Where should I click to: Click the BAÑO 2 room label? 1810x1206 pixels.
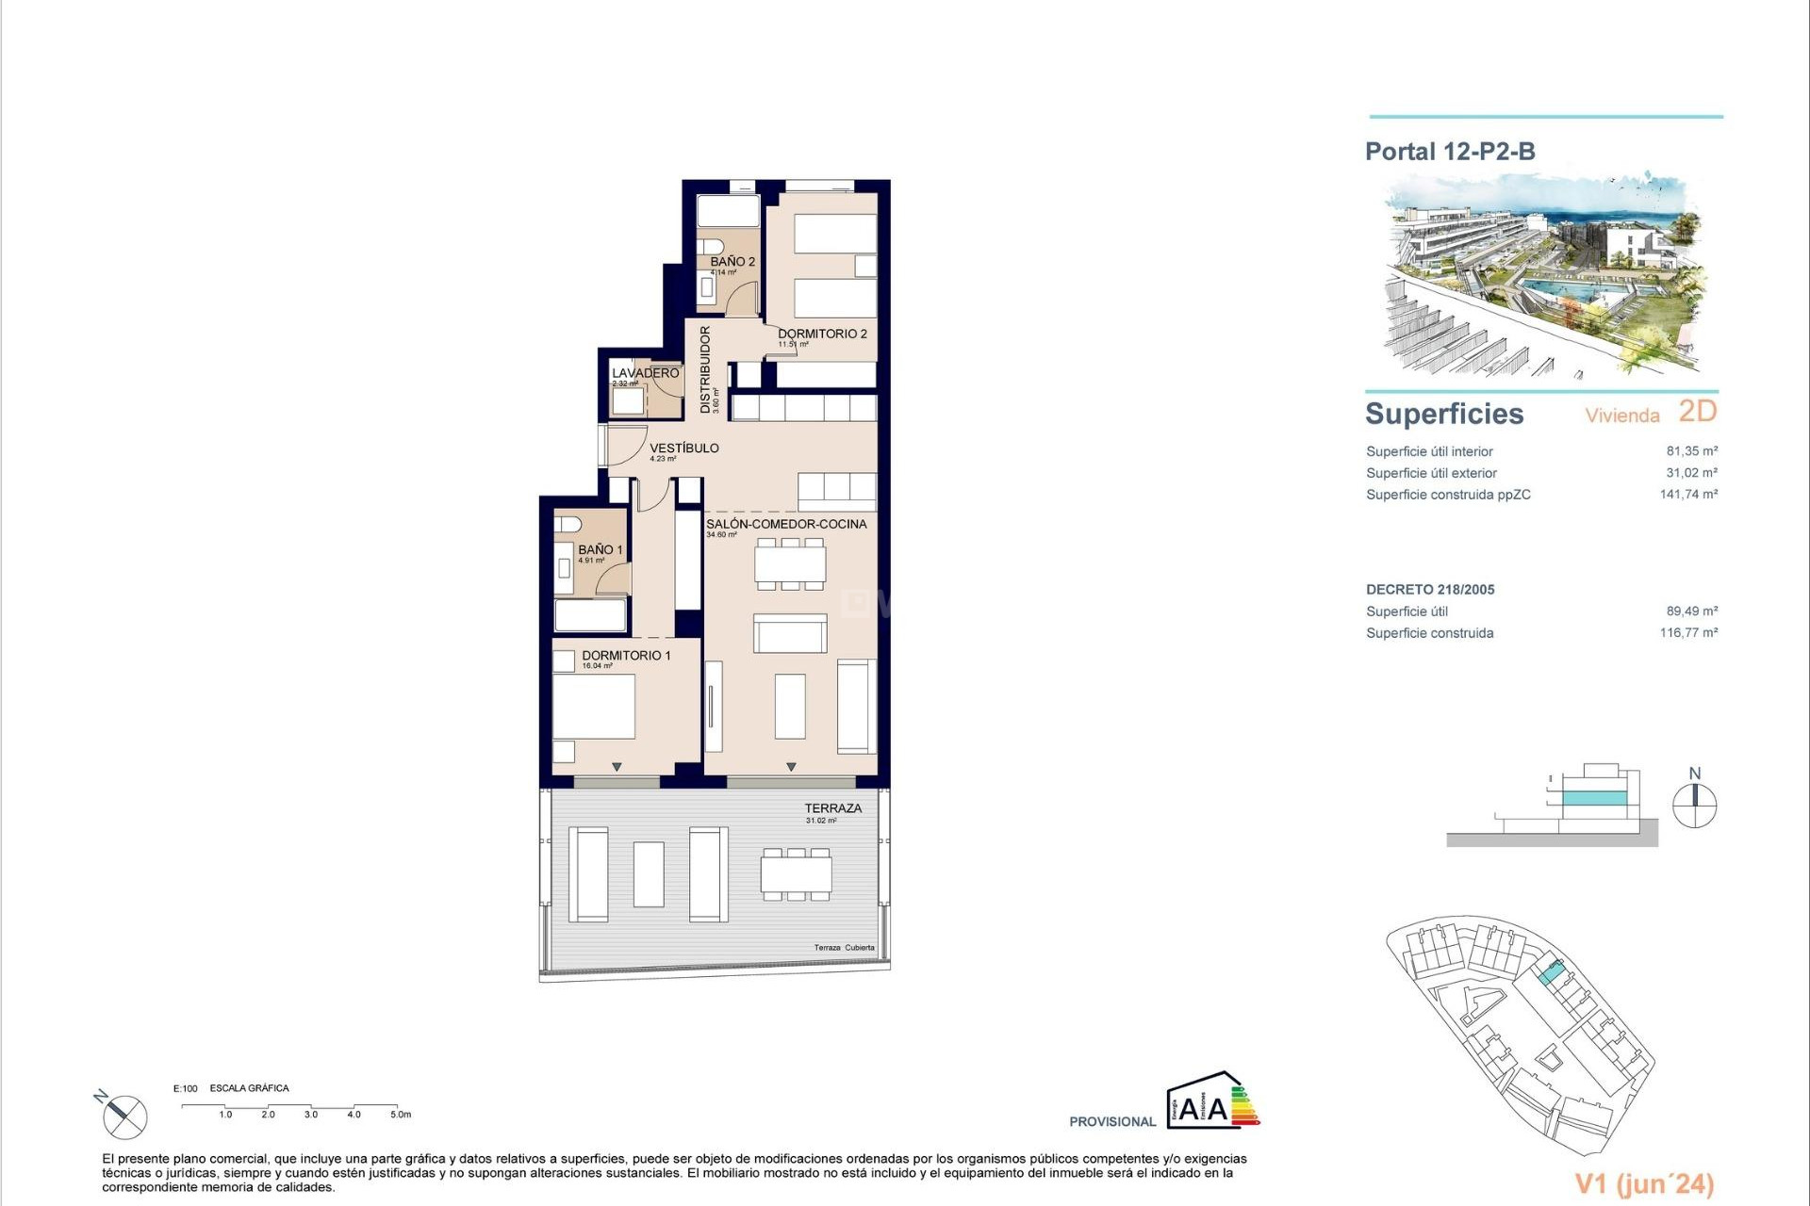click(732, 262)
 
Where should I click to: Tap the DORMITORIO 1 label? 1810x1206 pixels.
click(626, 656)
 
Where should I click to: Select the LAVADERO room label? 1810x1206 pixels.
click(645, 373)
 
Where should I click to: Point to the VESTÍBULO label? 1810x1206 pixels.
click(683, 448)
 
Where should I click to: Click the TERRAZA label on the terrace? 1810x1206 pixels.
click(832, 808)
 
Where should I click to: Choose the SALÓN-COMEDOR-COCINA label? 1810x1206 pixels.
click(786, 524)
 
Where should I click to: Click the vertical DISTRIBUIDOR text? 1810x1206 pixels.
click(705, 369)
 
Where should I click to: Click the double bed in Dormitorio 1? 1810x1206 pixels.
click(593, 707)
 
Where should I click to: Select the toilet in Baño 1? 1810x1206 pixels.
click(567, 523)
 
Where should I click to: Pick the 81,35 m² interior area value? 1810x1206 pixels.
click(1691, 451)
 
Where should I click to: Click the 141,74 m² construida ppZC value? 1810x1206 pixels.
click(1688, 495)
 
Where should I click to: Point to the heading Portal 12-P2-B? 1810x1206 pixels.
click(1450, 152)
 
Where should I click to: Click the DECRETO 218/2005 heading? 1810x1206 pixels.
click(1430, 590)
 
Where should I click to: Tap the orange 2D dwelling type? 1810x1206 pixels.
click(1697, 412)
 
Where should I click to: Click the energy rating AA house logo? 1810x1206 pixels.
click(1211, 1100)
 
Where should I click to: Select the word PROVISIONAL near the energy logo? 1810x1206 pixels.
click(1112, 1122)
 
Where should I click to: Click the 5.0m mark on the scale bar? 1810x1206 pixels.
click(401, 1115)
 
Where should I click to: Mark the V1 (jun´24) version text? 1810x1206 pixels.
click(1644, 1184)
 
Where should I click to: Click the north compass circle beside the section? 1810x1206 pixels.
click(1694, 806)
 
